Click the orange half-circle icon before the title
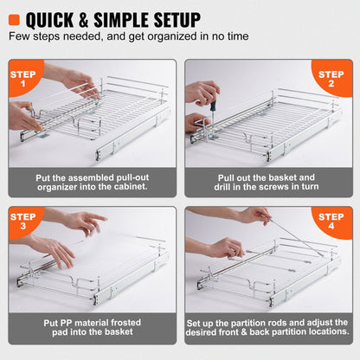14,18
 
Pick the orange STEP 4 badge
333,222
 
